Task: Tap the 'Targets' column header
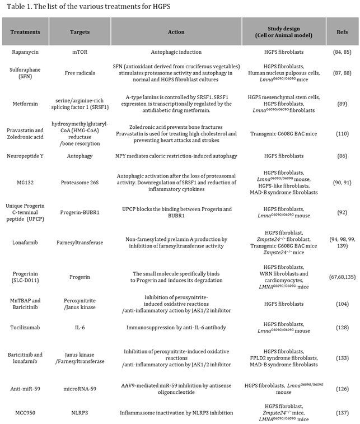click(x=82, y=32)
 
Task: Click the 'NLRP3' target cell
click(x=82, y=413)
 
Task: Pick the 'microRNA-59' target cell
click(x=82, y=386)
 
